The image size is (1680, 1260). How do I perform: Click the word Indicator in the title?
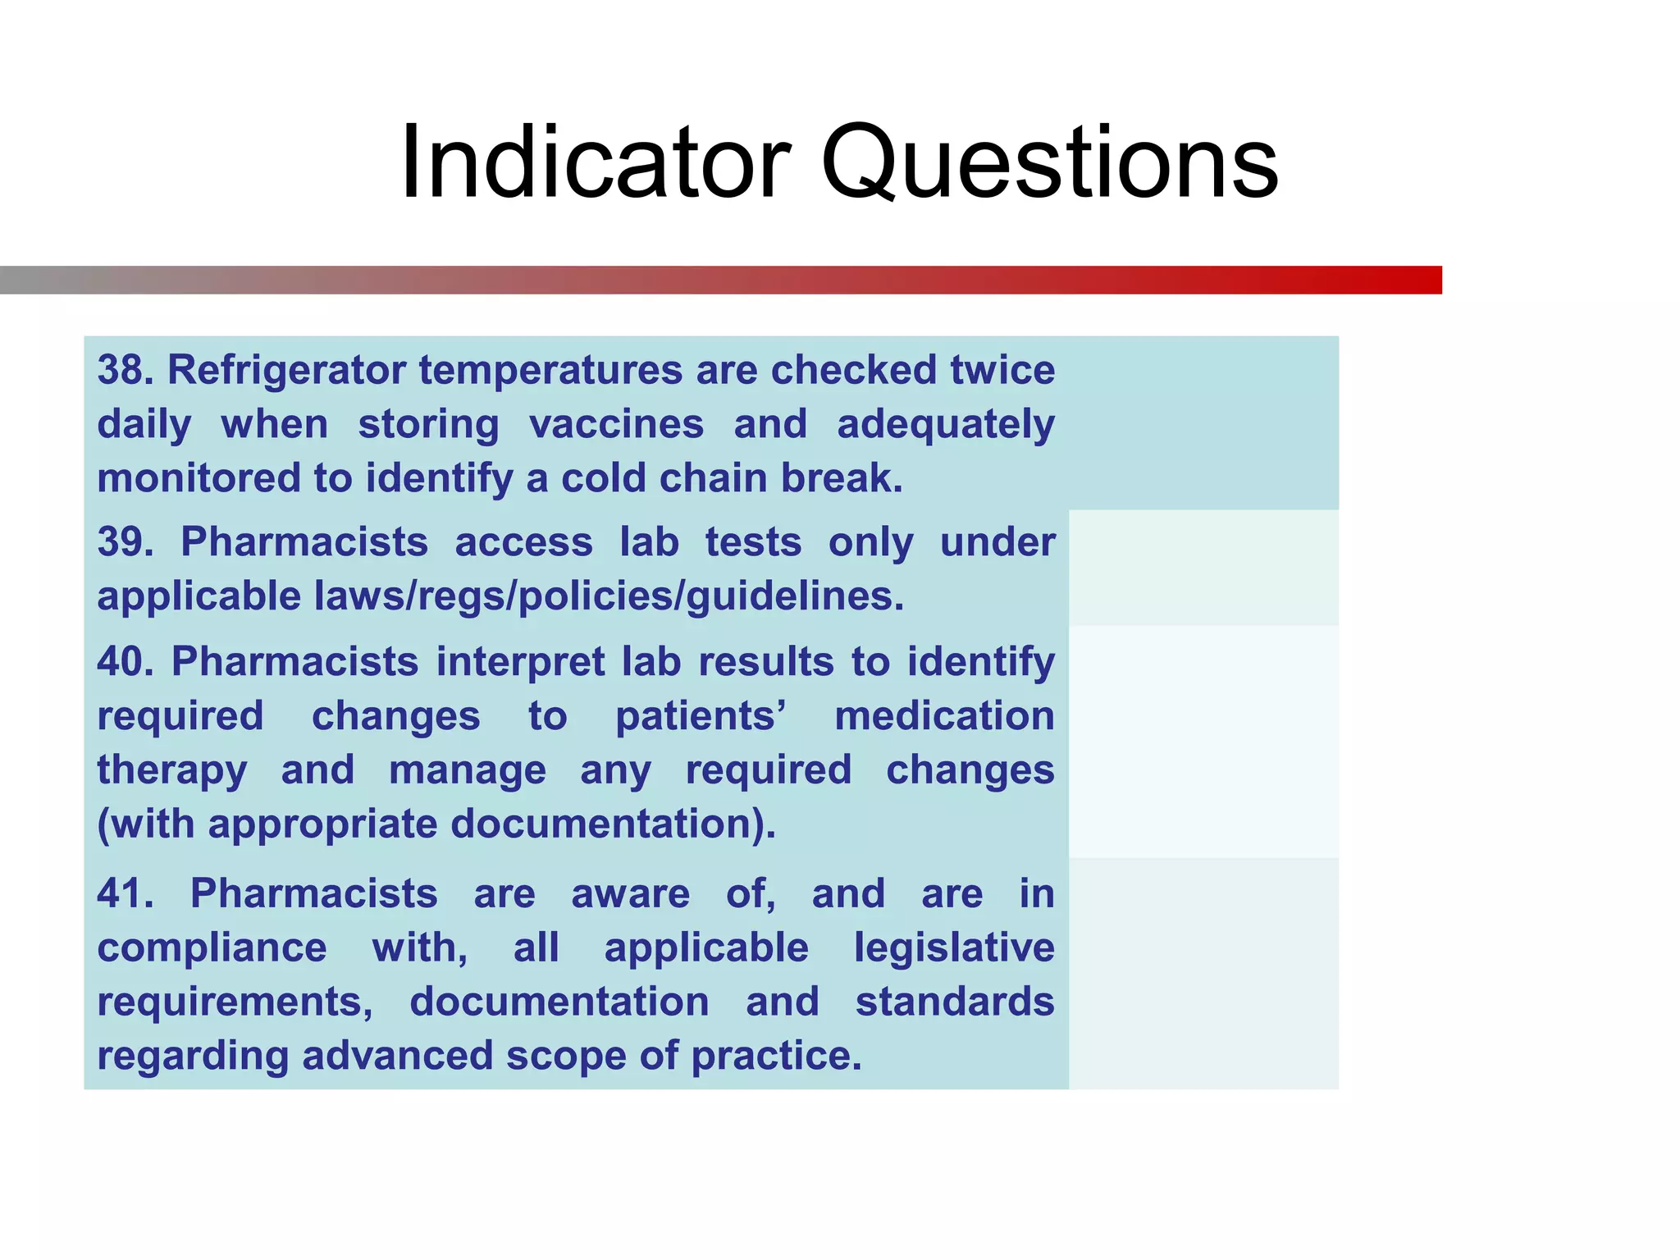(x=596, y=162)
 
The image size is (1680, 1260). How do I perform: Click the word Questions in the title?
(x=1049, y=162)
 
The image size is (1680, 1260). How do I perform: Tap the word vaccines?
(x=616, y=425)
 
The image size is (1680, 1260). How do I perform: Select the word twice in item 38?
(x=1002, y=370)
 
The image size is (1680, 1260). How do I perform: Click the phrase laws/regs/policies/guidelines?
(x=609, y=596)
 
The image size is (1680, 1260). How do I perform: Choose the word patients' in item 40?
(x=701, y=716)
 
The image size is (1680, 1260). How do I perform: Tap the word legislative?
(x=954, y=948)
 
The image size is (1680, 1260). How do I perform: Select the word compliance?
(x=212, y=948)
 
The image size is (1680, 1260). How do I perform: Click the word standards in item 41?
(x=954, y=1002)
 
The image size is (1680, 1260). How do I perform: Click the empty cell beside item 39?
(x=1203, y=568)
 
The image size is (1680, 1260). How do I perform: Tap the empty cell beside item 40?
(x=1203, y=742)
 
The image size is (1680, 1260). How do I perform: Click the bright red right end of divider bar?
(x=1419, y=280)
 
